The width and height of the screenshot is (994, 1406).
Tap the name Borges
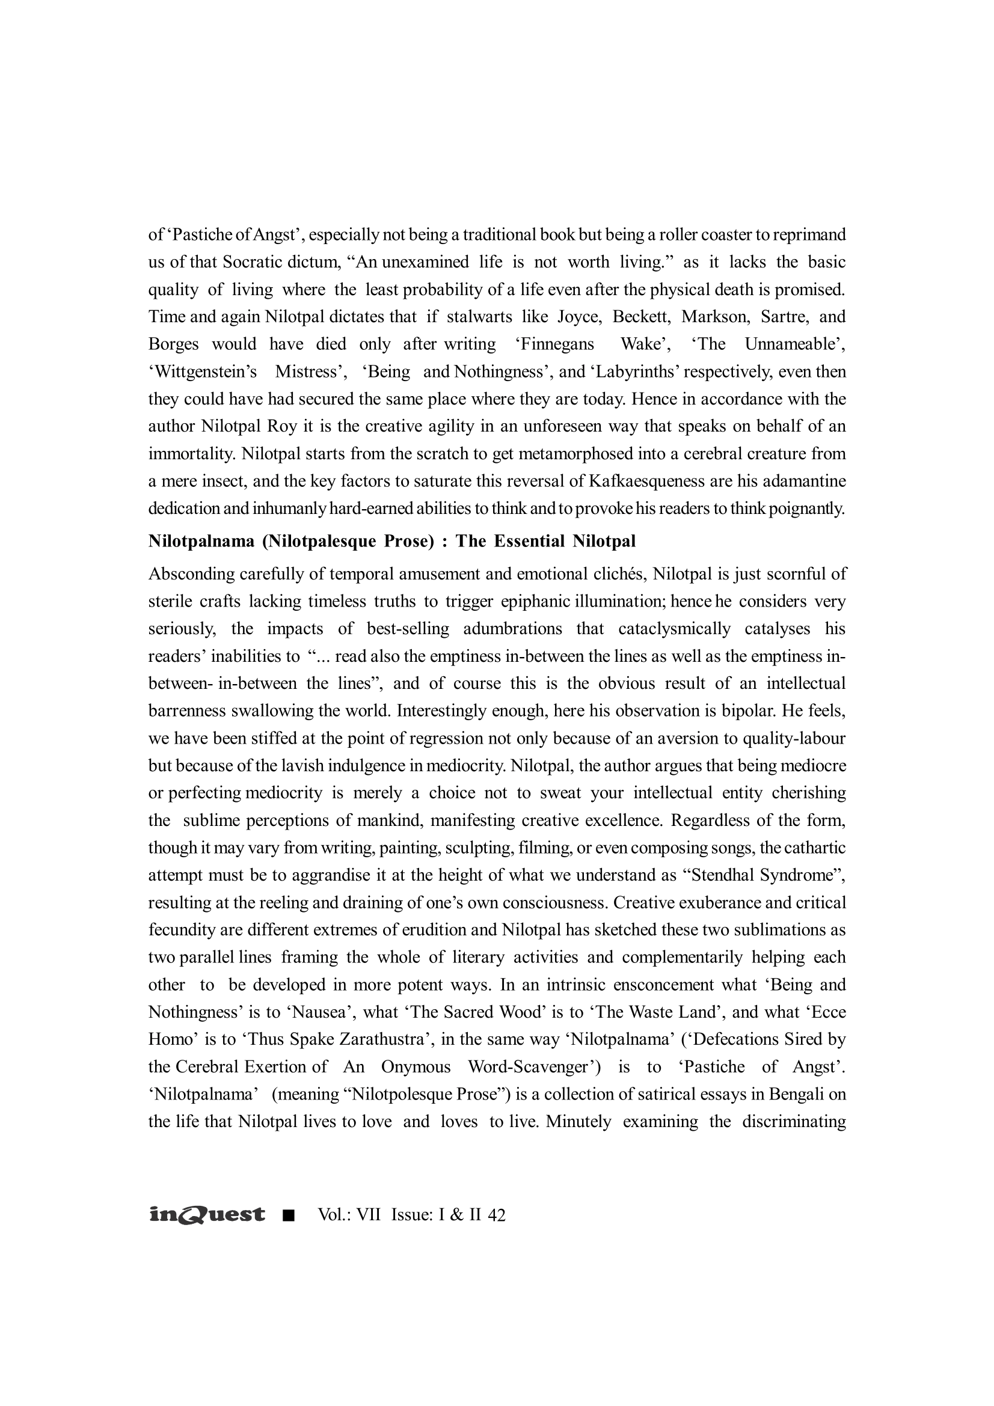pyautogui.click(x=173, y=344)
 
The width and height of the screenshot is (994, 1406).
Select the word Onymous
pyautogui.click(x=416, y=1068)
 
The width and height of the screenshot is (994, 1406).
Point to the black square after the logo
pyautogui.click(x=289, y=1215)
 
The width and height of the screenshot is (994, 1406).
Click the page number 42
pyautogui.click(x=497, y=1215)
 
